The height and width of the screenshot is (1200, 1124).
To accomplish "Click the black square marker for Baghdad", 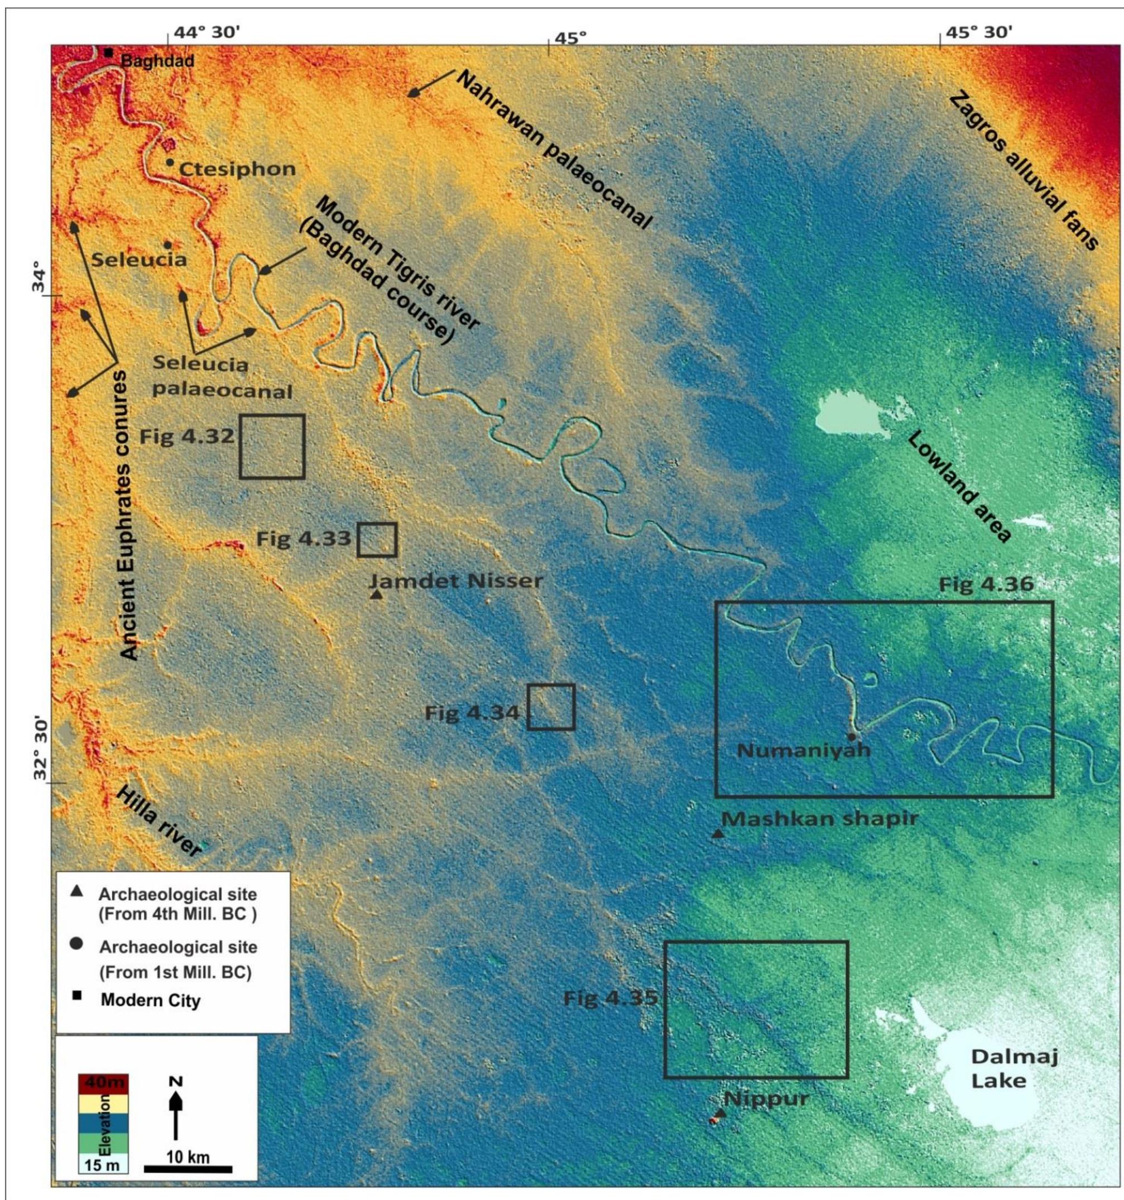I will click(108, 52).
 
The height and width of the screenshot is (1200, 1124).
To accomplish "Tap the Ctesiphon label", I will click(238, 169).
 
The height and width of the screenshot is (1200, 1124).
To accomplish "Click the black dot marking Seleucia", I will click(168, 245).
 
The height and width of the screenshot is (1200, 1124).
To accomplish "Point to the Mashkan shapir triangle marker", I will click(718, 834).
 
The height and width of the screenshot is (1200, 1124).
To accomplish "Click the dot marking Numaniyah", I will click(851, 736).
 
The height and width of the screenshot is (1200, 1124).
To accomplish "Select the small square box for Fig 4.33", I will click(377, 540).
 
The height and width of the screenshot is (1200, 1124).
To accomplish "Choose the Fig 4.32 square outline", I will click(272, 447).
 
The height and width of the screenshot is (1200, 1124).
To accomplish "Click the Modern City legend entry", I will click(150, 1000).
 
